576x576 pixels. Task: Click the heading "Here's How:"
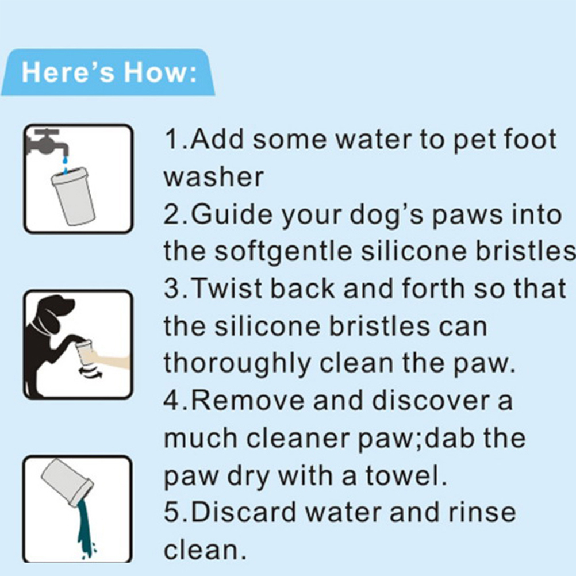[x=109, y=72]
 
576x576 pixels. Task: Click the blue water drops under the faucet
[x=66, y=165]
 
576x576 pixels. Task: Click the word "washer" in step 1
[x=213, y=177]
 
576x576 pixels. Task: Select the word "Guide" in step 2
[x=232, y=214]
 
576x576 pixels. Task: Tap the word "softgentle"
[x=283, y=252]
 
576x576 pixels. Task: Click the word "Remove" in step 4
[x=248, y=401]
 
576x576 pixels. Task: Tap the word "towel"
[x=406, y=475]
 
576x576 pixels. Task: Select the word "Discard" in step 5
[x=244, y=512]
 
